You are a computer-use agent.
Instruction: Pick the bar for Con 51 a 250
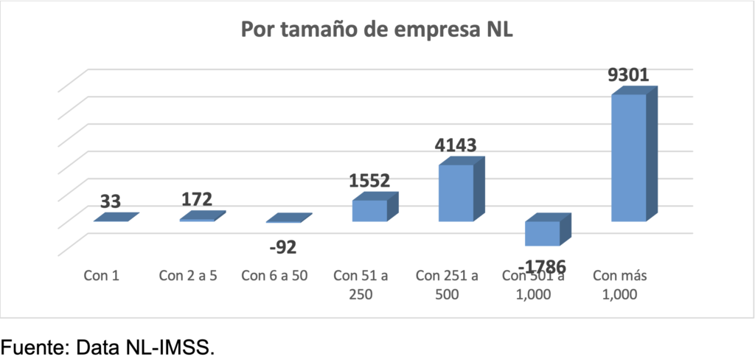369,210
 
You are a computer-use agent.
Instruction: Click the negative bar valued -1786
542,233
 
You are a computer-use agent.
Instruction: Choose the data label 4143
457,146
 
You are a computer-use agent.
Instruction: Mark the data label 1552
369,181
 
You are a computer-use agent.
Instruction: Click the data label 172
197,200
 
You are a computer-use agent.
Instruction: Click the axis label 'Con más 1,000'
616,285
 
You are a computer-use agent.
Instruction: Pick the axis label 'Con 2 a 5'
187,277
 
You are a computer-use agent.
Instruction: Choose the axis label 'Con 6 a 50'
274,277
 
